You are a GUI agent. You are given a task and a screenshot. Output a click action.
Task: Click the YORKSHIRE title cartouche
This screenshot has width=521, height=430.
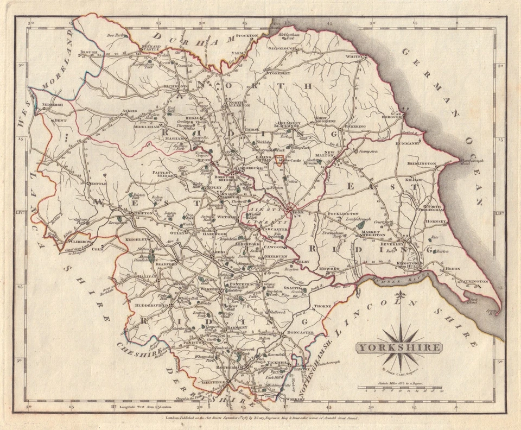[x=398, y=348]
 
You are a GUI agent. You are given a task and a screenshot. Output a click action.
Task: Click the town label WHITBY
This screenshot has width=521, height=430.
[x=353, y=56]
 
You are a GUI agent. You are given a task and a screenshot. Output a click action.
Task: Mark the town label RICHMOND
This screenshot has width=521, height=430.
[x=175, y=86]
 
